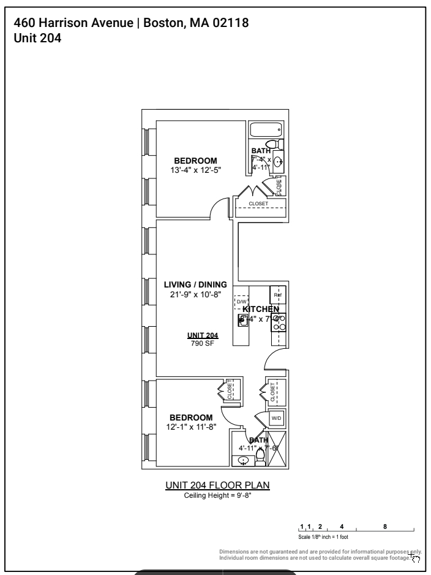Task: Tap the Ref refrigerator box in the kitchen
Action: pyautogui.click(x=278, y=295)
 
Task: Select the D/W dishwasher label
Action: pyautogui.click(x=241, y=302)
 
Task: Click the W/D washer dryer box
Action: pyautogui.click(x=276, y=418)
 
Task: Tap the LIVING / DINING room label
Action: pyautogui.click(x=195, y=284)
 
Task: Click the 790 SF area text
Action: pyautogui.click(x=202, y=343)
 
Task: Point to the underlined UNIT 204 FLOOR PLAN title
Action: pyautogui.click(x=217, y=486)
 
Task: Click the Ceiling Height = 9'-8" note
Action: pyautogui.click(x=217, y=495)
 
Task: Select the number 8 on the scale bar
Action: pyautogui.click(x=384, y=526)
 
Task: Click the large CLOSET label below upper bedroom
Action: pyautogui.click(x=258, y=204)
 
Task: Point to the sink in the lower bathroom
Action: pyautogui.click(x=244, y=460)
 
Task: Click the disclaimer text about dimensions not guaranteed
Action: pyautogui.click(x=320, y=555)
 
